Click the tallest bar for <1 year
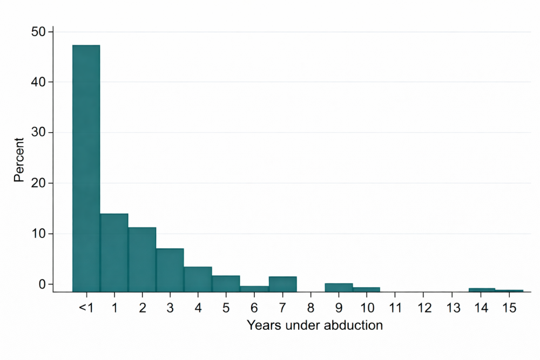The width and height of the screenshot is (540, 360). [x=86, y=167]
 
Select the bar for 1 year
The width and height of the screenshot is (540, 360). [x=114, y=252]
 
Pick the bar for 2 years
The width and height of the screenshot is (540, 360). [x=142, y=259]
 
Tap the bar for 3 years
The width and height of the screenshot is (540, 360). [x=170, y=270]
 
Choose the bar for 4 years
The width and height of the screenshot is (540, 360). [x=198, y=279]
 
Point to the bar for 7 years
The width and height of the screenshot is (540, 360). [x=282, y=284]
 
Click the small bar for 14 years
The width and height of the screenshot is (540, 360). [x=482, y=290]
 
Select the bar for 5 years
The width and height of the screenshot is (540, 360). [x=226, y=283]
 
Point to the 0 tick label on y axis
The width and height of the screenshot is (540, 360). [x=43, y=284]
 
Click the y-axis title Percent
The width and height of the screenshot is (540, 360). [x=19, y=160]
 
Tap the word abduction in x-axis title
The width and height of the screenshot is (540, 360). [x=356, y=325]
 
